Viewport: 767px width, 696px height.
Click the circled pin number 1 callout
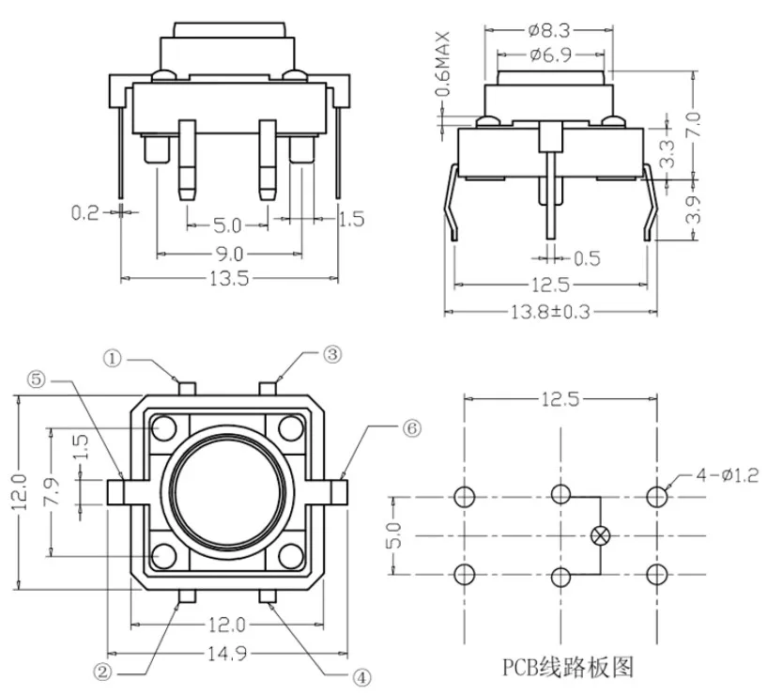113,359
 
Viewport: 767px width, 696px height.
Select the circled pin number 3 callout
332,354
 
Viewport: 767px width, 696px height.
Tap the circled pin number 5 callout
37,379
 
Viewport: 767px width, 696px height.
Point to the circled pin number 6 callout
412,428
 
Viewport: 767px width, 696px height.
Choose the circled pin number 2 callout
102,672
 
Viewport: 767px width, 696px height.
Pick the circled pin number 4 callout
361,677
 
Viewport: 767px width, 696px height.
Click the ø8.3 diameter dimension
549,31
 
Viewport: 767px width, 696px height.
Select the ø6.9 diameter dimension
550,54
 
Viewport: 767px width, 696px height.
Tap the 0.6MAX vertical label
442,64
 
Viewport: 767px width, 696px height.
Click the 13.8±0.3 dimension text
550,312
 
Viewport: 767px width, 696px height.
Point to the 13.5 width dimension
229,279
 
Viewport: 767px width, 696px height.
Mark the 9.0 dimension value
229,254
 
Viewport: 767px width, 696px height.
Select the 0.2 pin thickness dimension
85,213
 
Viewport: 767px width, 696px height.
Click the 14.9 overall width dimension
227,654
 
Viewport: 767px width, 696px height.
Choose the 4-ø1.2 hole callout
728,474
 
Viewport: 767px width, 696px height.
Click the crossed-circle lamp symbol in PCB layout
600,535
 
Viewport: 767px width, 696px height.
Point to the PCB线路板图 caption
568,667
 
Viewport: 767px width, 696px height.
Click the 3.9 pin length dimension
693,209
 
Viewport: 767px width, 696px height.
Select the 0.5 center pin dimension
587,258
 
